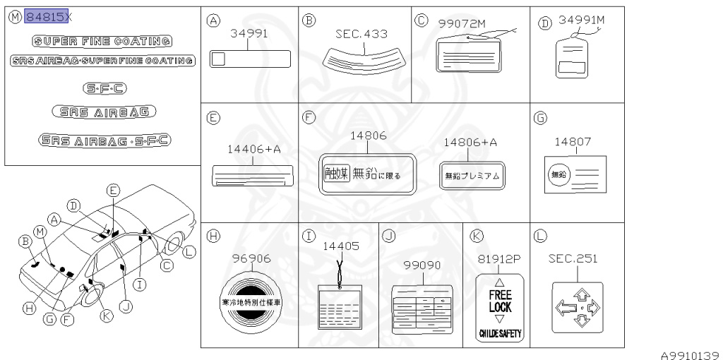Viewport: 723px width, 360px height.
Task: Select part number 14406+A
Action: [x=253, y=150]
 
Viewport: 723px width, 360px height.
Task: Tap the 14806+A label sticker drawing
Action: [x=471, y=176]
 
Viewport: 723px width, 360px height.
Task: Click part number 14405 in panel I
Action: [x=339, y=246]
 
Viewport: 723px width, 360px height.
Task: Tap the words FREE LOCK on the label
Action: [x=500, y=303]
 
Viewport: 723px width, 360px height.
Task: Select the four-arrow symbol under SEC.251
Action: [x=577, y=306]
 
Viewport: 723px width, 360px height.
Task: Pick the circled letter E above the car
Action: [x=113, y=189]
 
